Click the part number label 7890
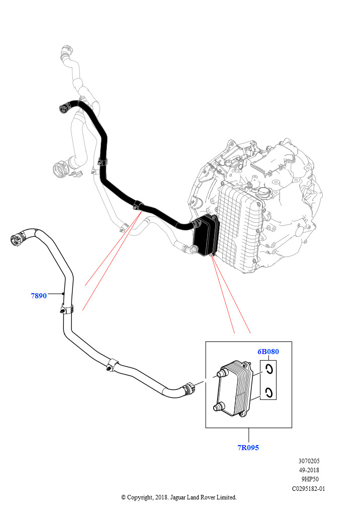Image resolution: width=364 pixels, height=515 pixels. [x=39, y=296]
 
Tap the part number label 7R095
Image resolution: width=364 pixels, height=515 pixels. [x=248, y=447]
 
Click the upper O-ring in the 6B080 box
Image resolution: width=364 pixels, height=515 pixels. [x=269, y=370]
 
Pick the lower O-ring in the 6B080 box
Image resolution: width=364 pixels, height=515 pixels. [x=269, y=392]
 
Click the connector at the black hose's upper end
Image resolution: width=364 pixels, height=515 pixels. [x=63, y=107]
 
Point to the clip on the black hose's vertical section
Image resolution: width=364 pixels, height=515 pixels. [x=103, y=162]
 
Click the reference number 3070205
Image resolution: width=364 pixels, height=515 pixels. [x=309, y=461]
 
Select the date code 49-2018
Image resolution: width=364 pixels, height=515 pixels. [x=309, y=470]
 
